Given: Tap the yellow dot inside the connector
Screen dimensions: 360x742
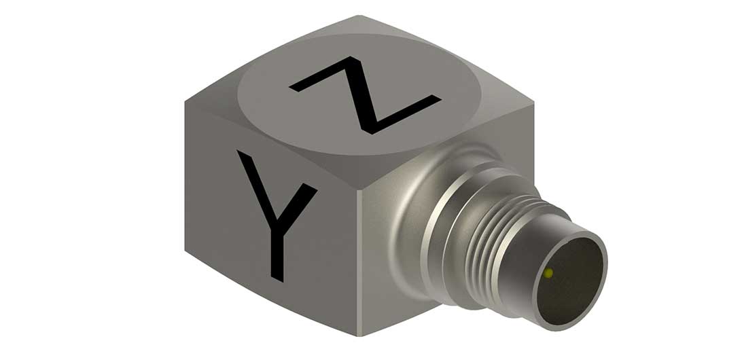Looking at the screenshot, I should coord(548,274).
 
